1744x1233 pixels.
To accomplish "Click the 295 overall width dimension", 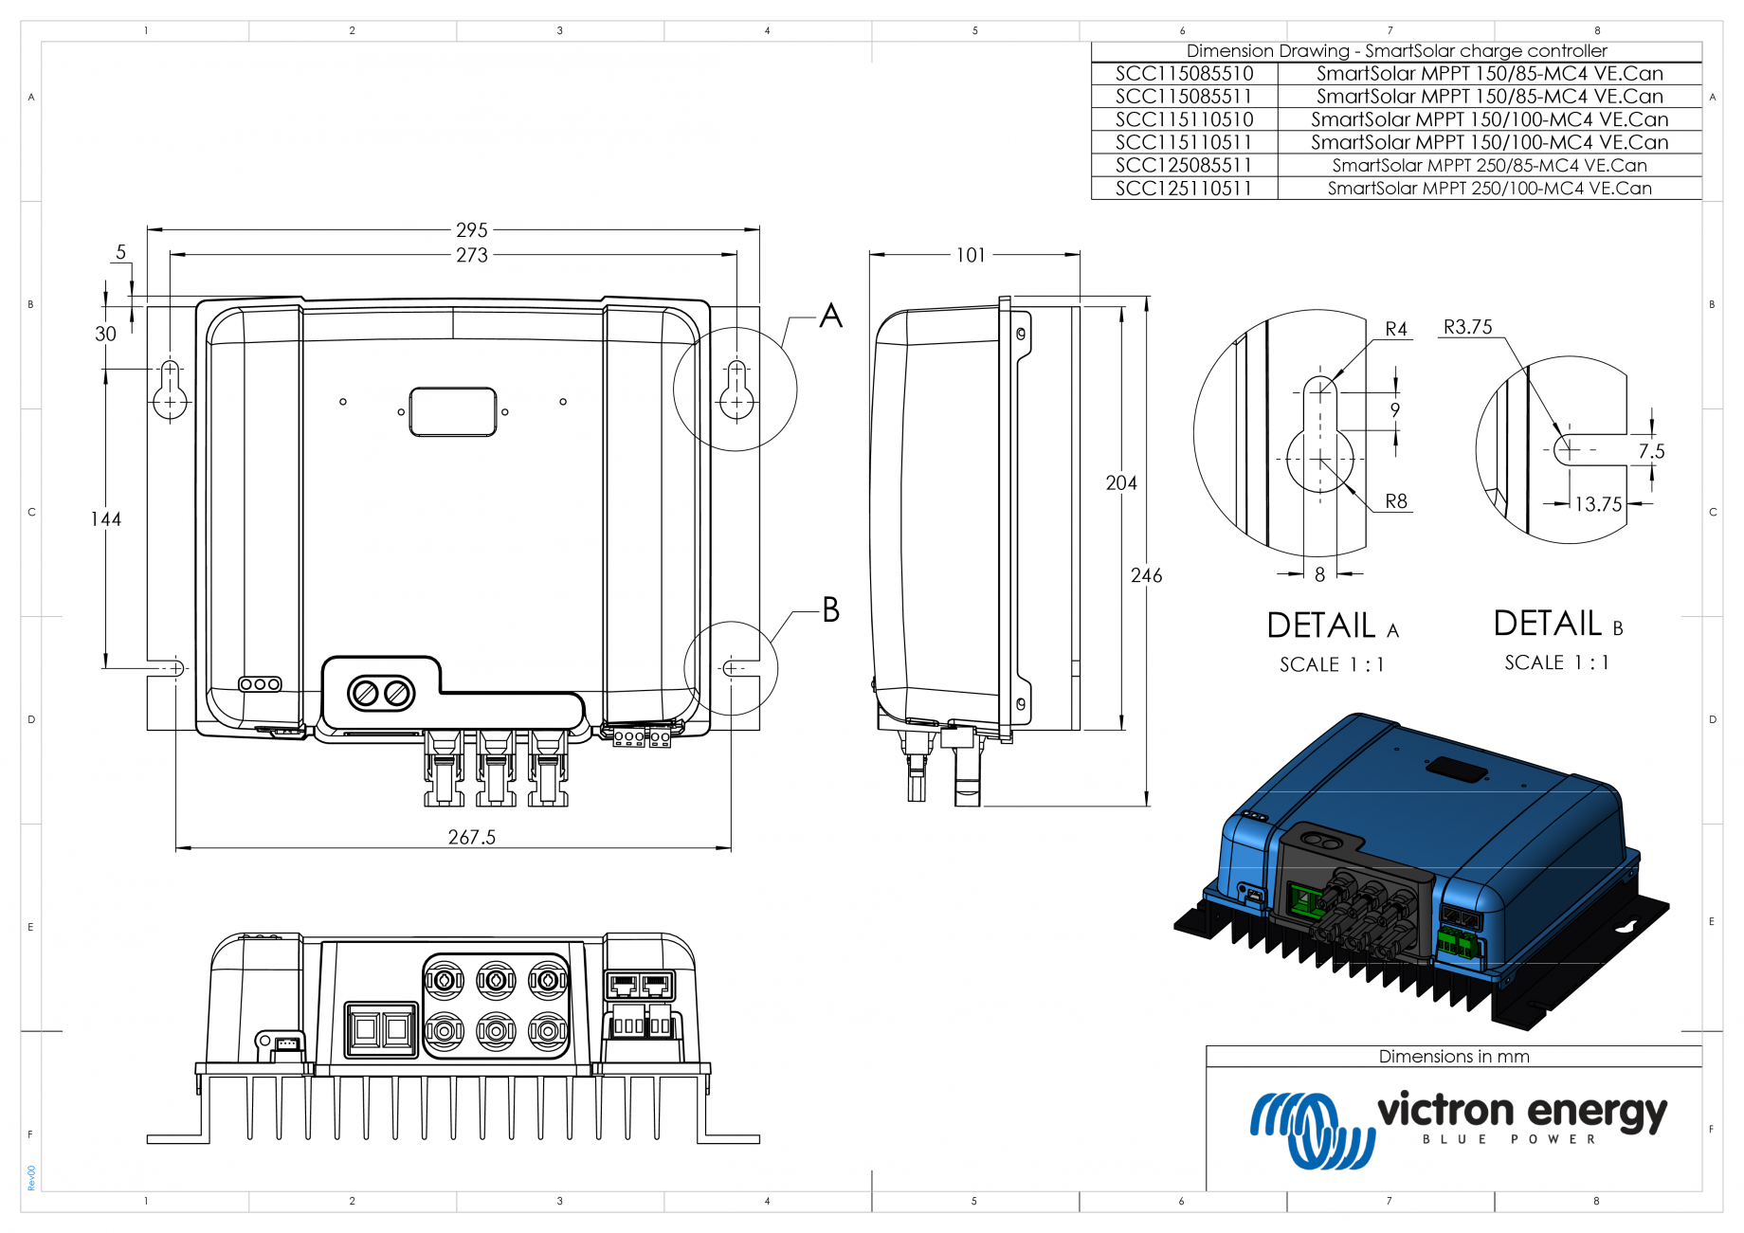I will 471,229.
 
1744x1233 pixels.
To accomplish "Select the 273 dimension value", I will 471,255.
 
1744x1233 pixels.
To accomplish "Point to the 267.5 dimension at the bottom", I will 471,837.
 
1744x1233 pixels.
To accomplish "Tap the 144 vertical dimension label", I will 106,519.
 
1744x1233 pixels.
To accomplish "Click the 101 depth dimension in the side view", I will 971,255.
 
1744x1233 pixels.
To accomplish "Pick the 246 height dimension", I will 1146,575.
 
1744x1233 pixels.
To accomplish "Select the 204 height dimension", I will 1120,482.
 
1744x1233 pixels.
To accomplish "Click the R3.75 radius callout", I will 1467,327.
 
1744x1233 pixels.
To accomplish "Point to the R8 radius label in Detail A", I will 1395,501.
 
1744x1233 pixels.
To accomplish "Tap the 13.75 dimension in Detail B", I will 1598,504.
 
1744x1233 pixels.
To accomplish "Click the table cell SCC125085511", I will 1184,165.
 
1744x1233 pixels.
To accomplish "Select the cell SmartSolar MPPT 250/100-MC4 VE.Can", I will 1489,189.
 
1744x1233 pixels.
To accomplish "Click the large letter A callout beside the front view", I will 830,316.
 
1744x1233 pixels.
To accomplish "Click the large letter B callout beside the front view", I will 830,609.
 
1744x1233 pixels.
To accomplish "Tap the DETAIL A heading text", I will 1332,626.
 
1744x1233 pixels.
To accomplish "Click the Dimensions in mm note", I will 1453,1056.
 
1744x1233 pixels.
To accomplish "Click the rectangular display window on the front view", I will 453,411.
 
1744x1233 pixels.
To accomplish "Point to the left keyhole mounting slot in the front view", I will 170,390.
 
